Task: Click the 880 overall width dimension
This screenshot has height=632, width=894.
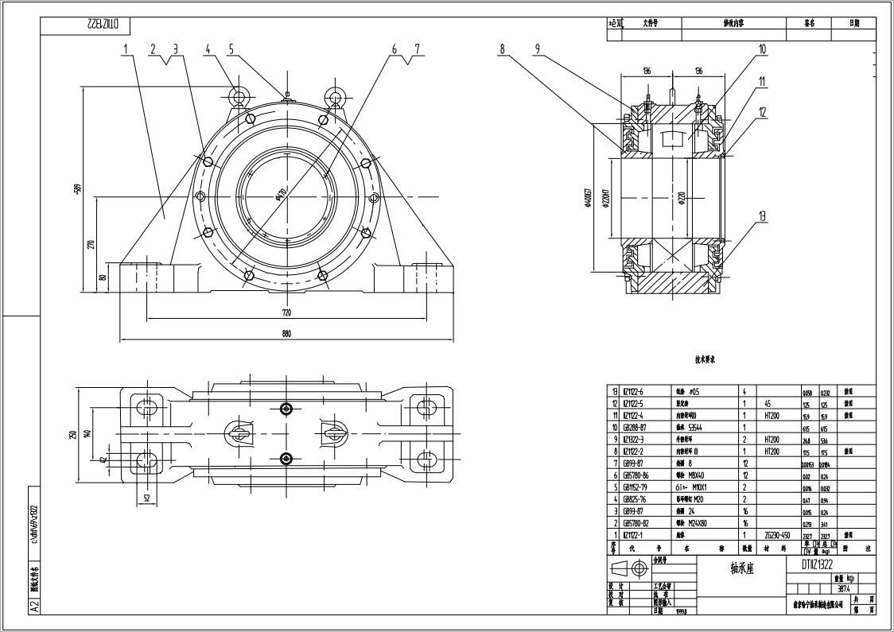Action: (286, 334)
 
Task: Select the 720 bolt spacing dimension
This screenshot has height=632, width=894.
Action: (286, 312)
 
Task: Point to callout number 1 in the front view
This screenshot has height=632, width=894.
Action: (126, 49)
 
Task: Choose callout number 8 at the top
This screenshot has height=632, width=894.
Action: (503, 49)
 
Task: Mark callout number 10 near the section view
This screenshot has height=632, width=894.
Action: (762, 49)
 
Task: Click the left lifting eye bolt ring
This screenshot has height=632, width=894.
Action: (239, 97)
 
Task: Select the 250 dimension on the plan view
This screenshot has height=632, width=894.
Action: (72, 435)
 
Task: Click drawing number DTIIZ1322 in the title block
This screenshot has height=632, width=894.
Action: (811, 564)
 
